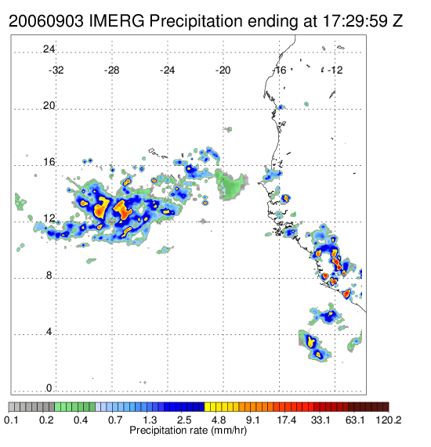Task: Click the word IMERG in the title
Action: point(117,21)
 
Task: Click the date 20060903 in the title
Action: point(46,21)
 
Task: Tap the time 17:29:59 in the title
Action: point(355,21)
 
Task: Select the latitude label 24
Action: point(49,49)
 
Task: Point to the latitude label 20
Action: point(49,106)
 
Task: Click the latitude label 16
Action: point(49,162)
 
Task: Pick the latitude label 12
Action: point(49,218)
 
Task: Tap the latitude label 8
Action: point(49,275)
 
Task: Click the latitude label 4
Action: point(49,332)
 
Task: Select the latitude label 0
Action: point(49,388)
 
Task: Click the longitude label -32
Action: point(56,70)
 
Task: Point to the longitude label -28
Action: point(112,70)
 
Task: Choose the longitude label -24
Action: point(168,70)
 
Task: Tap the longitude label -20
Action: point(223,70)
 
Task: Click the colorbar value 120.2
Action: point(389,420)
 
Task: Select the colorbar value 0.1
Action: point(12,420)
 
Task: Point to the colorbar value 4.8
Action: point(219,420)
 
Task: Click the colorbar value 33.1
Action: point(321,420)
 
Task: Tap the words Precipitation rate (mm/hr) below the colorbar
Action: point(188,431)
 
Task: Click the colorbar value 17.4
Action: point(287,420)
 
